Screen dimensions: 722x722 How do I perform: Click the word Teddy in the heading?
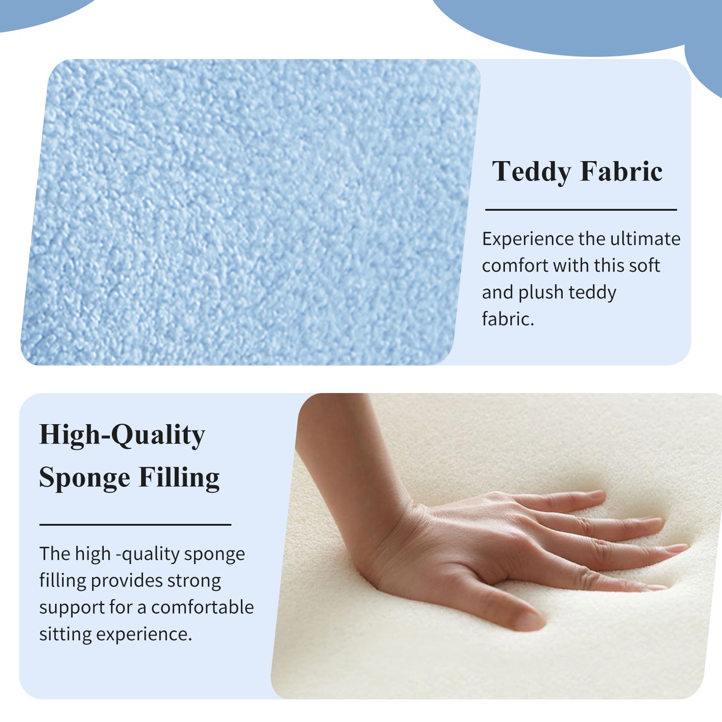pyautogui.click(x=531, y=172)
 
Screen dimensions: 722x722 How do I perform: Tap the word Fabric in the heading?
pyautogui.click(x=621, y=171)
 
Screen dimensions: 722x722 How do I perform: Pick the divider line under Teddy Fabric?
pyautogui.click(x=581, y=210)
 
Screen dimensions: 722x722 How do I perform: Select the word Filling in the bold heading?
pyautogui.click(x=179, y=477)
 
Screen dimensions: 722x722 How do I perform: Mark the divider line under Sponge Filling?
pyautogui.click(x=135, y=524)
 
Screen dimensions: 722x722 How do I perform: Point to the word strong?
pyautogui.click(x=194, y=581)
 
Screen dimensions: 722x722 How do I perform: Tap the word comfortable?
pyautogui.click(x=203, y=607)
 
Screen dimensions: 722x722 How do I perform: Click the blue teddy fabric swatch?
pyautogui.click(x=250, y=212)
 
